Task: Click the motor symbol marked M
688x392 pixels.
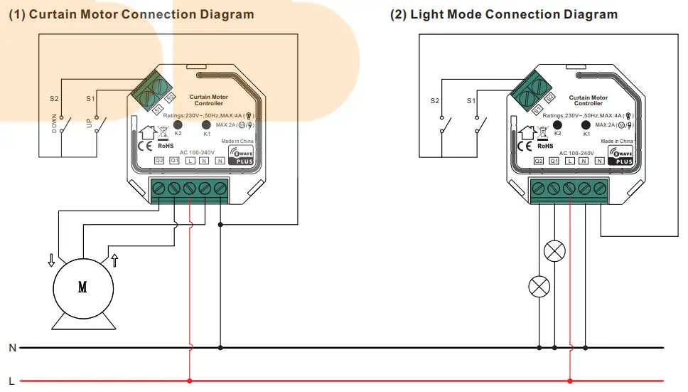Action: [x=82, y=287]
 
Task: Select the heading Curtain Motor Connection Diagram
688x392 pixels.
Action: [x=131, y=14]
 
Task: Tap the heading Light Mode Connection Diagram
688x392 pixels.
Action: [x=504, y=14]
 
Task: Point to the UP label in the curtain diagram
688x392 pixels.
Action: [x=90, y=123]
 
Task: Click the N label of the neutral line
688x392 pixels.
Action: [x=11, y=348]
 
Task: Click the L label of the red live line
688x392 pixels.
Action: [x=11, y=381]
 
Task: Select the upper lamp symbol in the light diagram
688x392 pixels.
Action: [x=554, y=252]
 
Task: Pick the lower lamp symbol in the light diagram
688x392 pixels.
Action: [x=539, y=287]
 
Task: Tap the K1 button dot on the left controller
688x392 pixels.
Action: [x=208, y=125]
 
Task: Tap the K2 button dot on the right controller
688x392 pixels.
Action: [x=558, y=125]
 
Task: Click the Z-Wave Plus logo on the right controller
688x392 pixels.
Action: [x=620, y=154]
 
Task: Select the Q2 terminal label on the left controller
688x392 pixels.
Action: [x=159, y=161]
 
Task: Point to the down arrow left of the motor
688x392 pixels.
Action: [x=50, y=260]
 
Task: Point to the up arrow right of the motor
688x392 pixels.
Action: [x=114, y=260]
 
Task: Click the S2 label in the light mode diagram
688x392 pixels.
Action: [x=434, y=100]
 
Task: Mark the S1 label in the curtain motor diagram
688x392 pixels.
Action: [x=90, y=100]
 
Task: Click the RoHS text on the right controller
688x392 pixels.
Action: [x=545, y=145]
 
